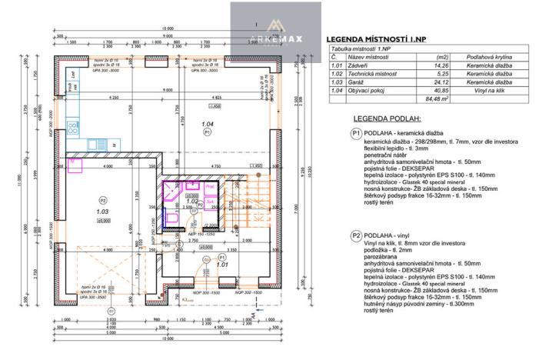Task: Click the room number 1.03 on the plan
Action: pyautogui.click(x=102, y=210)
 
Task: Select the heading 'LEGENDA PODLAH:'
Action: pyautogui.click(x=387, y=120)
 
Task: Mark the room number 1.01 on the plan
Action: pyautogui.click(x=221, y=265)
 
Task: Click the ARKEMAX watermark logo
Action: pyautogui.click(x=274, y=31)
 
